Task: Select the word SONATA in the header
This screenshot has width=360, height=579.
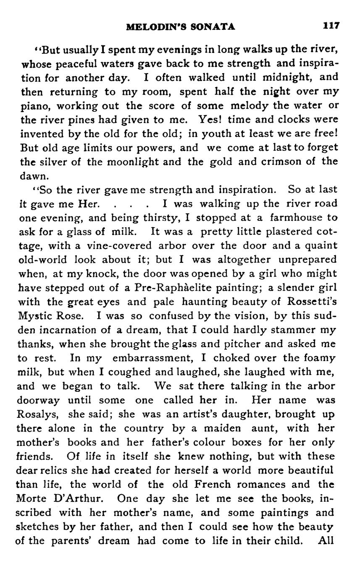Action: [x=213, y=27]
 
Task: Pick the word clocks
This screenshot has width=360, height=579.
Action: [x=294, y=119]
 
